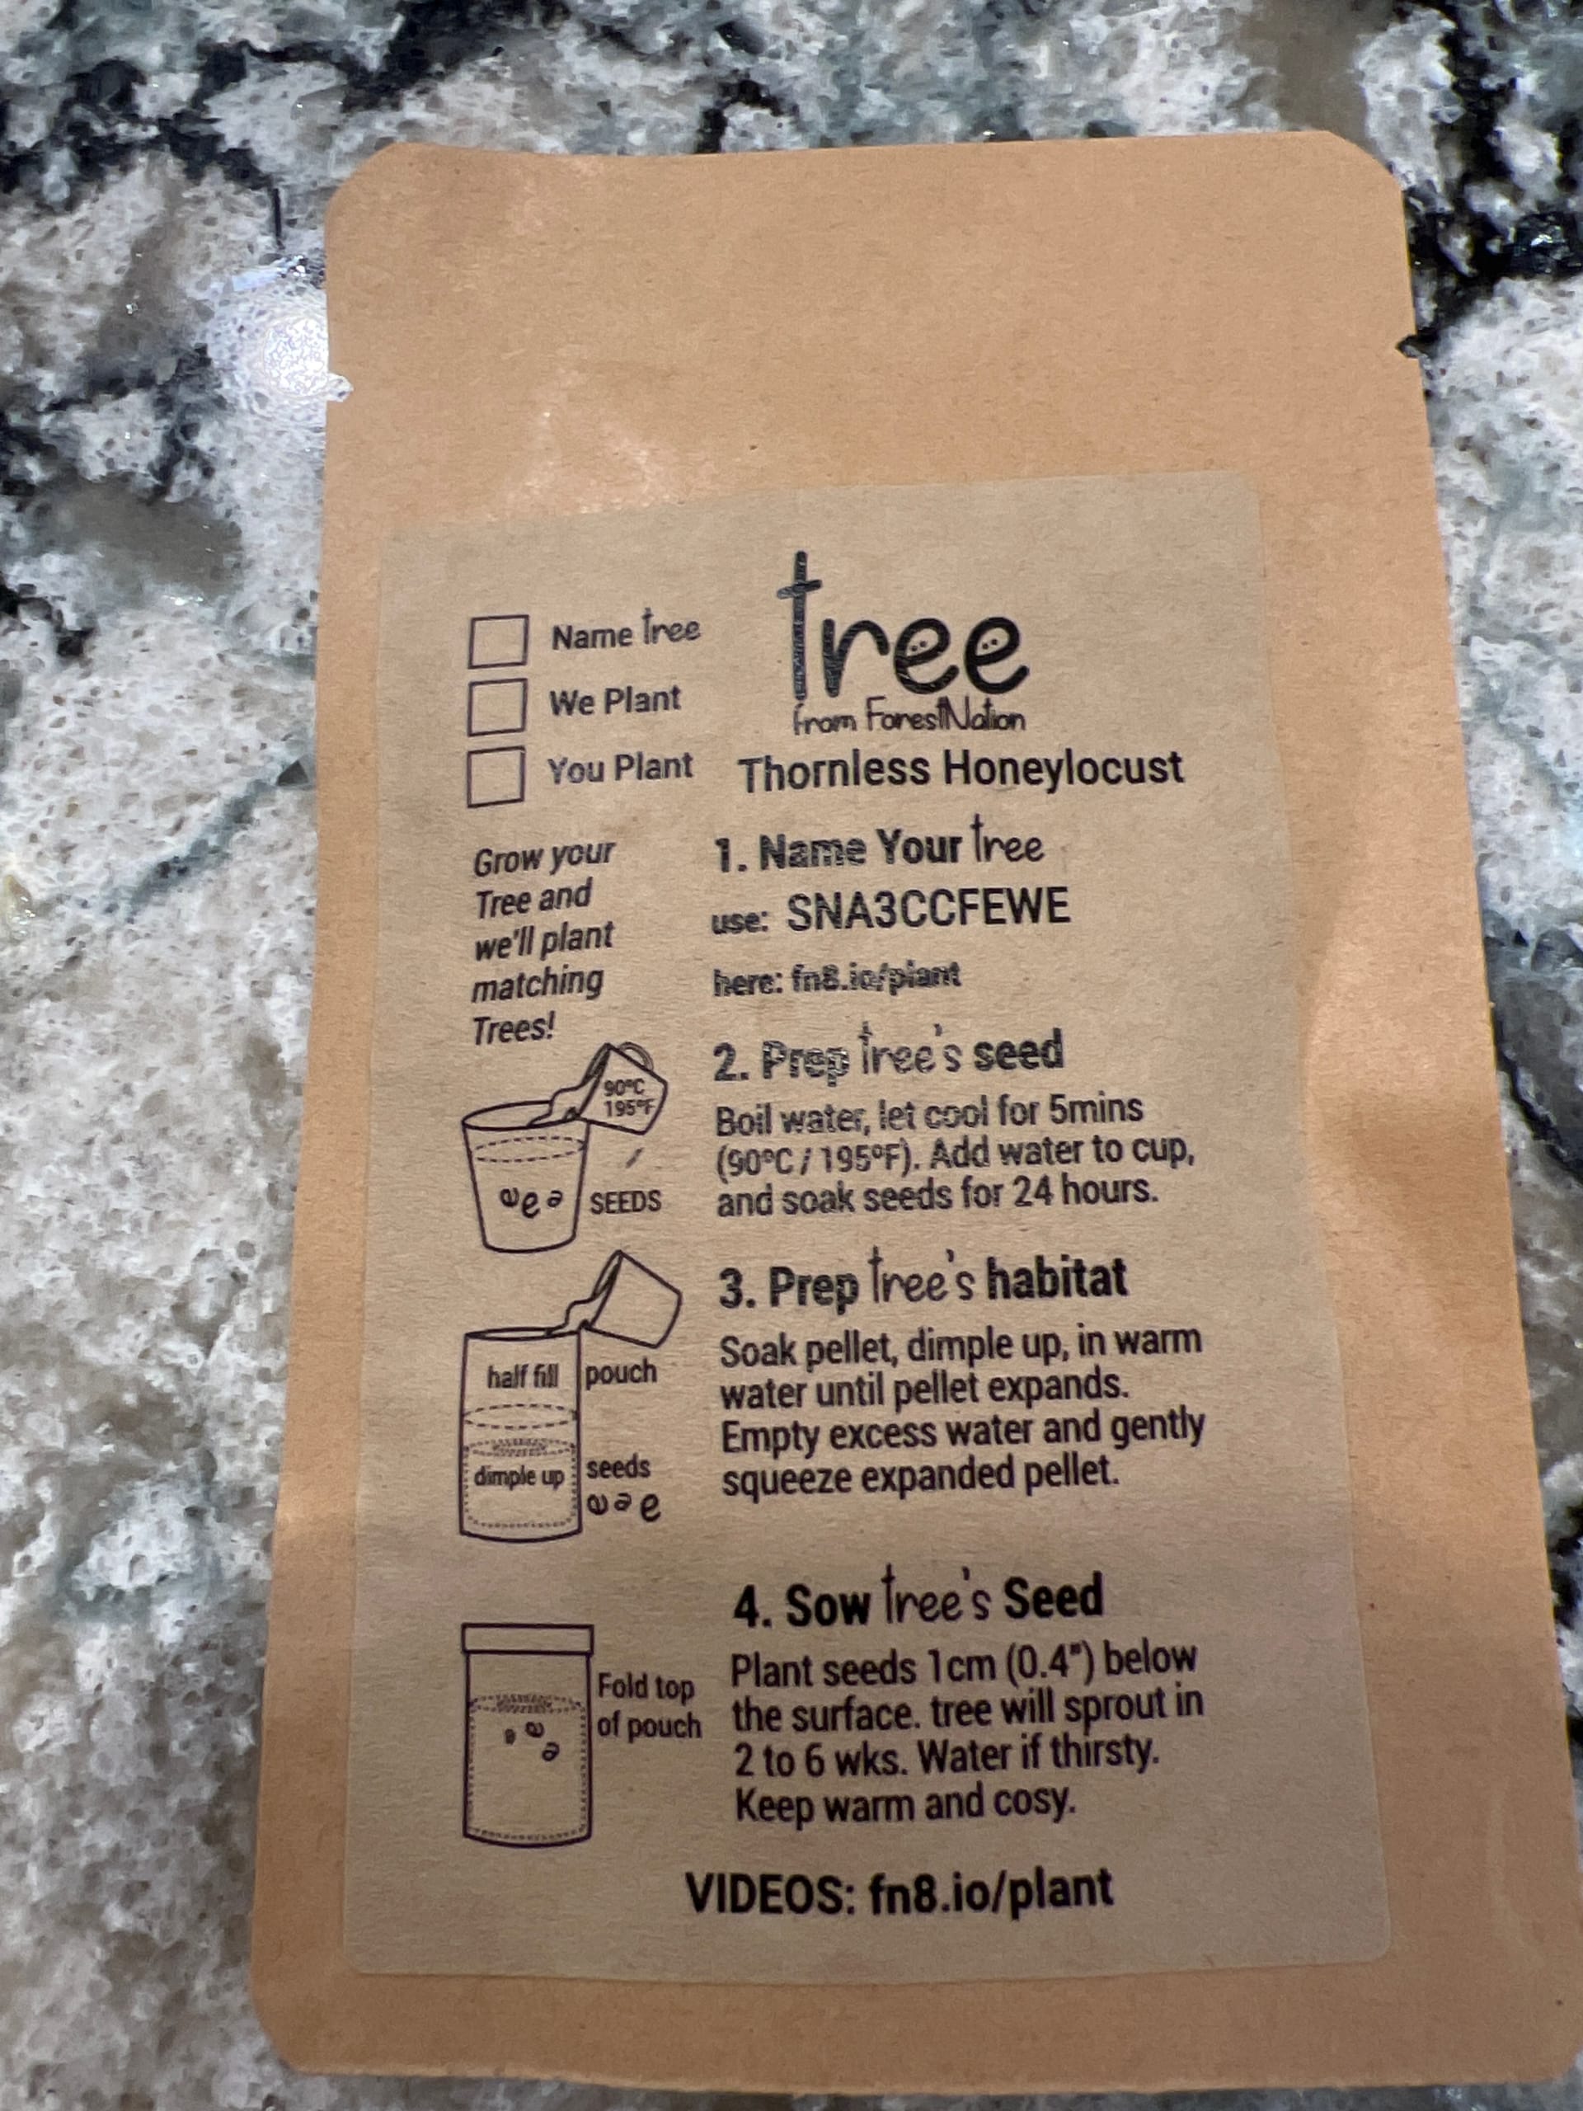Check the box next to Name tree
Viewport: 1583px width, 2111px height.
click(497, 639)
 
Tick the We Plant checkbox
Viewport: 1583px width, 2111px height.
click(496, 705)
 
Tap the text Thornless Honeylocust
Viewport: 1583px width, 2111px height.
click(960, 771)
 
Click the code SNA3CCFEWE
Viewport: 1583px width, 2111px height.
click(928, 910)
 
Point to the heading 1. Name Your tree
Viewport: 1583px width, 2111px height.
click(879, 847)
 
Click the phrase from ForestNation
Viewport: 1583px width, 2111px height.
click(909, 720)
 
